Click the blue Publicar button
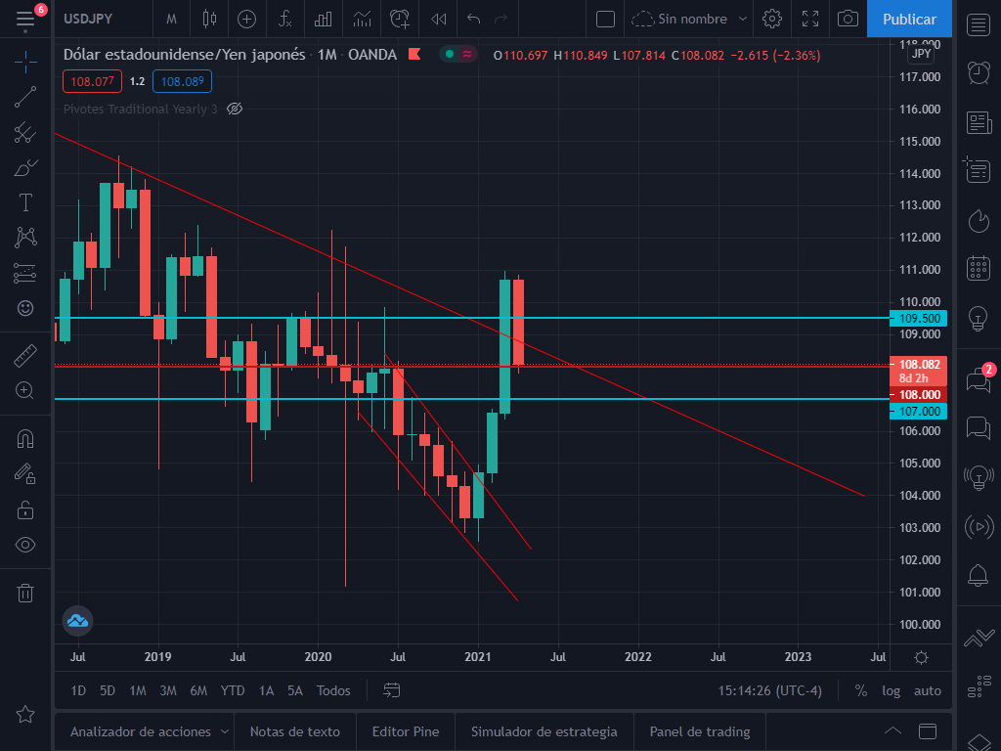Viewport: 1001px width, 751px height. [909, 19]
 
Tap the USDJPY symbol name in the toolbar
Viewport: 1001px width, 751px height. [88, 19]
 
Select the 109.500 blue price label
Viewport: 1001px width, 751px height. [918, 318]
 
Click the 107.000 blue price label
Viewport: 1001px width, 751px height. [918, 412]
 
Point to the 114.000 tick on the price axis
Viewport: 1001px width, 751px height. [919, 174]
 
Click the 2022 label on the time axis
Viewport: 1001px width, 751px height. [638, 656]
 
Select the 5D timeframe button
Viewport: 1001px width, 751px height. [108, 690]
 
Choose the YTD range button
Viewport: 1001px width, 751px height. [233, 690]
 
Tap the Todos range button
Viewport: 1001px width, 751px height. [333, 690]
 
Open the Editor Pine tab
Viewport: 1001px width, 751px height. [406, 731]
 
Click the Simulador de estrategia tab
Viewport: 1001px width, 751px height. [544, 731]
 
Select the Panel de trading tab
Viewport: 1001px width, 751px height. [700, 731]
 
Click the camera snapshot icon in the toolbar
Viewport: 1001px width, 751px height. [849, 19]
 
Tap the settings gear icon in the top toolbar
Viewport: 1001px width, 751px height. [772, 19]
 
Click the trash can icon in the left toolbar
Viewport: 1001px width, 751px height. [25, 593]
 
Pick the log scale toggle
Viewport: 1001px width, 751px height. [891, 690]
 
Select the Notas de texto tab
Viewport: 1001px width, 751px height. [294, 731]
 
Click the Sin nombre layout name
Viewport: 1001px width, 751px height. [692, 19]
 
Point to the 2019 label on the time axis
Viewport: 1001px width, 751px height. [157, 656]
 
